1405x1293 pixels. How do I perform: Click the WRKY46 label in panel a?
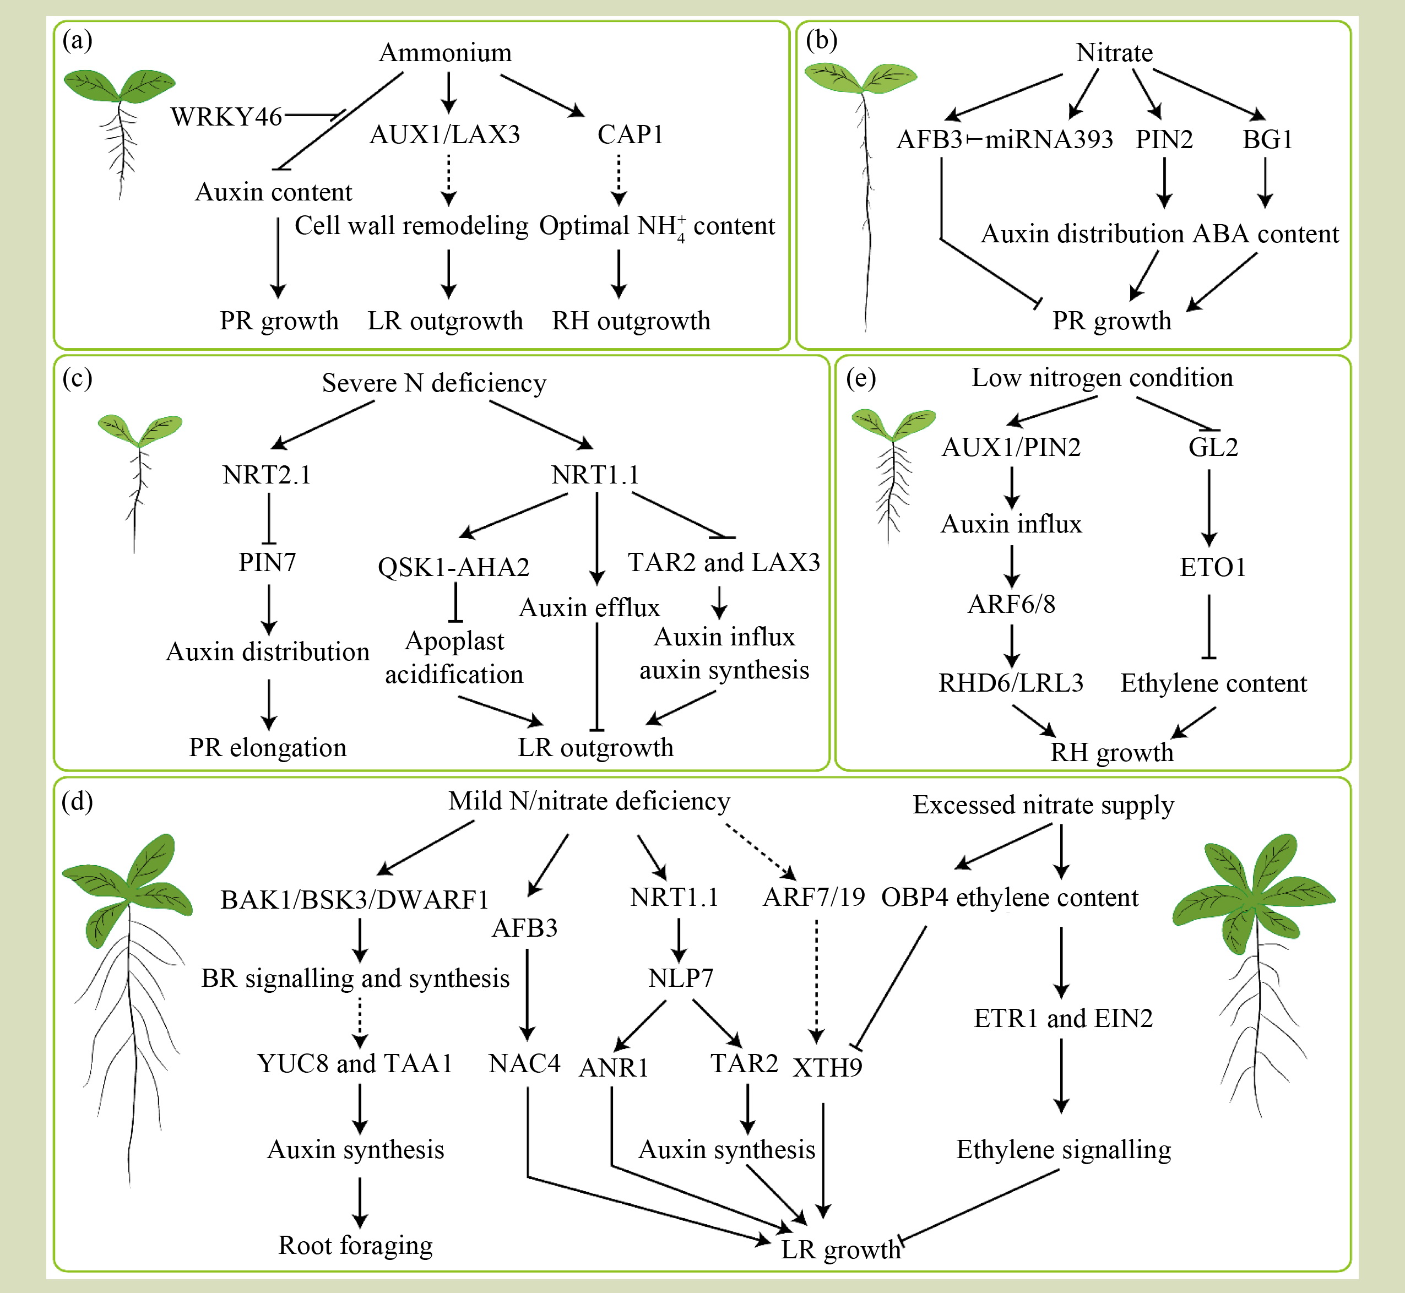226,117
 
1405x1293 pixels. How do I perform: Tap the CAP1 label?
630,134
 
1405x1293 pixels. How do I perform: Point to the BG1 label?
1267,139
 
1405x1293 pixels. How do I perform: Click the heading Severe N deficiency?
434,383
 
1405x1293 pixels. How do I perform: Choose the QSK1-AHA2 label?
453,567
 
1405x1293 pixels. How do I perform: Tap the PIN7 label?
267,562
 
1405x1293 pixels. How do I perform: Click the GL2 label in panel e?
1213,447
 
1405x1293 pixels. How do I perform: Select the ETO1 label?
1213,567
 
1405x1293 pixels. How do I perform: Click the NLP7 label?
680,977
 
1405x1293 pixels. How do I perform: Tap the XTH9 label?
827,1068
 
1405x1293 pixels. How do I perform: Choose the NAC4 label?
525,1063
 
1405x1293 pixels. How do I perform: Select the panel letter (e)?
861,378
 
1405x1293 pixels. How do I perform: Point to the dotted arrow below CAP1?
619,180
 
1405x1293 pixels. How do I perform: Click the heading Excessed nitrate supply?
1043,805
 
